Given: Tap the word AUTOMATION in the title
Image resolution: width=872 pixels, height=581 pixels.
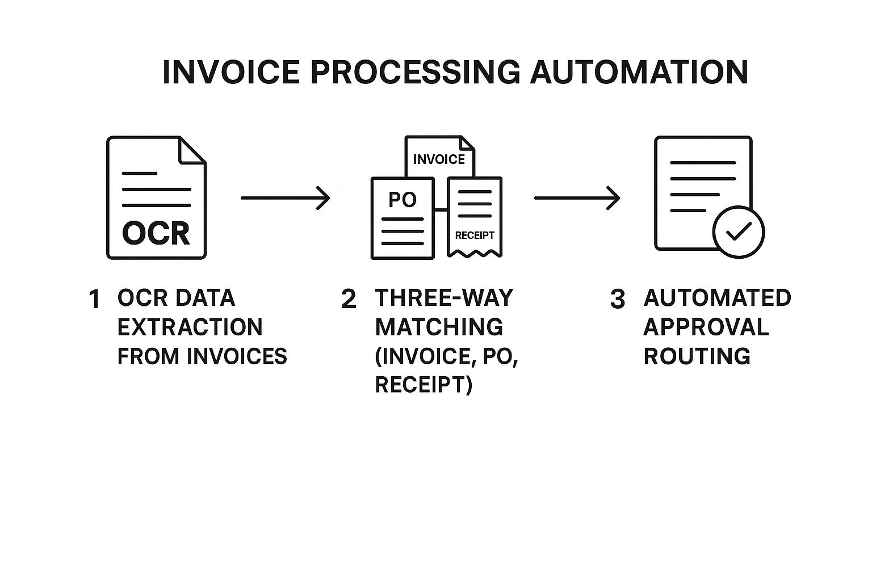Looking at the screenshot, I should (x=639, y=73).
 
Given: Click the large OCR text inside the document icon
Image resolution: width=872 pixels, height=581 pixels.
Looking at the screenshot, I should (x=156, y=233).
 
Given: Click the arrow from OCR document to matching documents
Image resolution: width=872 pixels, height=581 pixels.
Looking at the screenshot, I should (x=285, y=198).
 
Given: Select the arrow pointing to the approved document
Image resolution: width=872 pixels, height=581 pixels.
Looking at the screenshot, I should (x=577, y=198).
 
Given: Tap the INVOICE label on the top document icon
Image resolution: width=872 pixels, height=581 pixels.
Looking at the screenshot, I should (x=439, y=159).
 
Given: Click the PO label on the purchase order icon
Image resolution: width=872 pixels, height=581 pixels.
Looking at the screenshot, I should (x=403, y=200).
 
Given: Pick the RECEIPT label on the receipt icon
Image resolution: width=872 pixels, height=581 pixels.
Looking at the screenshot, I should (x=475, y=235).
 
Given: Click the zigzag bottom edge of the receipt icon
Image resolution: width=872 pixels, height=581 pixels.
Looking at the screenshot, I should (x=475, y=254).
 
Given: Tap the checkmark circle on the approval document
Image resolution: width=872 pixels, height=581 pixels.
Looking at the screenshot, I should (x=739, y=231).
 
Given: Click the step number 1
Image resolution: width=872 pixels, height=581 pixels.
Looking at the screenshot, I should (x=94, y=300).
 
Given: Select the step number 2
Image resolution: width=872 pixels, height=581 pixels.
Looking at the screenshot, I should (x=349, y=300).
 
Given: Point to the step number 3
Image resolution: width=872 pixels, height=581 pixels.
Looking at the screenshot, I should (x=617, y=300).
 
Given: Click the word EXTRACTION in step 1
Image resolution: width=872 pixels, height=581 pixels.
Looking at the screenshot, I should (x=190, y=327).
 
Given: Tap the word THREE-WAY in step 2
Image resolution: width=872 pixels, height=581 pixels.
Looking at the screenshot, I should (x=444, y=298).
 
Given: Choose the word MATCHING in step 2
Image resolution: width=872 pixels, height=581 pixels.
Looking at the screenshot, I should (x=439, y=327).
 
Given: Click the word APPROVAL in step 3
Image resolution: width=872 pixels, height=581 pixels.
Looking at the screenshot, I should (x=706, y=327).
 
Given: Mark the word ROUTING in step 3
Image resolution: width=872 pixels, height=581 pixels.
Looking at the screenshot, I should (x=697, y=356).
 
